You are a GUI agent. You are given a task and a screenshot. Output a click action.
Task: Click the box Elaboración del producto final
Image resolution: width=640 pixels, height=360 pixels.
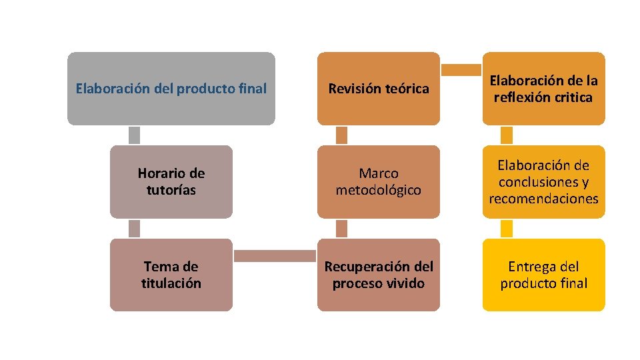pos(171,89)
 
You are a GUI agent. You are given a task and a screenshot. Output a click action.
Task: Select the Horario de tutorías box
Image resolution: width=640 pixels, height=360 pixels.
pos(171,182)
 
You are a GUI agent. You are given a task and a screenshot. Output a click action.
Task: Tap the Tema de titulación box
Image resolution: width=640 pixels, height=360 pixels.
pos(171,275)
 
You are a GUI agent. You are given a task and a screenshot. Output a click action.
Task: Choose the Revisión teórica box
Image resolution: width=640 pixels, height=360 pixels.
pos(378,89)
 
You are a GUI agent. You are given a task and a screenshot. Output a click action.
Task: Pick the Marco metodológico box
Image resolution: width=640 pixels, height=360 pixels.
pos(378,182)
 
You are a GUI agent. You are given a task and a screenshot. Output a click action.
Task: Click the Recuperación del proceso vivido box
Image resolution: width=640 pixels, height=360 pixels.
pos(378,275)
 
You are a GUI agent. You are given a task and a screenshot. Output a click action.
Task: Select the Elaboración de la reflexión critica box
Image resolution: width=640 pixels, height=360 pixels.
pos(543,89)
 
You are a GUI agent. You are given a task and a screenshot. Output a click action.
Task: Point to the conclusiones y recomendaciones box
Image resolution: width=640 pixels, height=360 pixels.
pos(543,182)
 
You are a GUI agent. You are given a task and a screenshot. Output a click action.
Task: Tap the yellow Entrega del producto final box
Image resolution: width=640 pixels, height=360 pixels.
pos(543,275)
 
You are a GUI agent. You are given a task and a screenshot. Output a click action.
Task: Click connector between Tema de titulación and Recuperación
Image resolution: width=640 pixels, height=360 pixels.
pos(274,256)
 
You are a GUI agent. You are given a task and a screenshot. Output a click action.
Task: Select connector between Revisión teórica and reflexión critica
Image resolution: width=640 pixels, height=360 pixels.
pos(461,70)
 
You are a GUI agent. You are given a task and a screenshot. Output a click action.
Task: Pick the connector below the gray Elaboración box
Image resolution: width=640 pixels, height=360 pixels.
pos(134,135)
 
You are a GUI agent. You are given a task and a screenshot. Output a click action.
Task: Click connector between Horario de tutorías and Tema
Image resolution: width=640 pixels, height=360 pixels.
pos(134,229)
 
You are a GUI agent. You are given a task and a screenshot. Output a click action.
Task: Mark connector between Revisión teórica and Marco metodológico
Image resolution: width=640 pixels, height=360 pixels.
pos(341,135)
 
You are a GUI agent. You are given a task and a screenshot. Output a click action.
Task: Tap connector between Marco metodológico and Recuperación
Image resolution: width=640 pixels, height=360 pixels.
pos(341,229)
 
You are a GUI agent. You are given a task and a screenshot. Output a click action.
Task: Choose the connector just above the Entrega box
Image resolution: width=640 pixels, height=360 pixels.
pos(507,229)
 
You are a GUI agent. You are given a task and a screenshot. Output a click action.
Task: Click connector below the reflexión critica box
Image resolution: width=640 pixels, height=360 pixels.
pos(507,135)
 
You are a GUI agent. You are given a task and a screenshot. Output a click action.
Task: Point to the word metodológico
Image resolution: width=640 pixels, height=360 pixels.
pos(378,191)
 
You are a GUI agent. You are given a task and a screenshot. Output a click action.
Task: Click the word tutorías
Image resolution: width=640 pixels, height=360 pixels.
pos(171,191)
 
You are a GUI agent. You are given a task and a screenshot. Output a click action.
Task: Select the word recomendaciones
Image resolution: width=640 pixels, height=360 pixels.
pos(543,199)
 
